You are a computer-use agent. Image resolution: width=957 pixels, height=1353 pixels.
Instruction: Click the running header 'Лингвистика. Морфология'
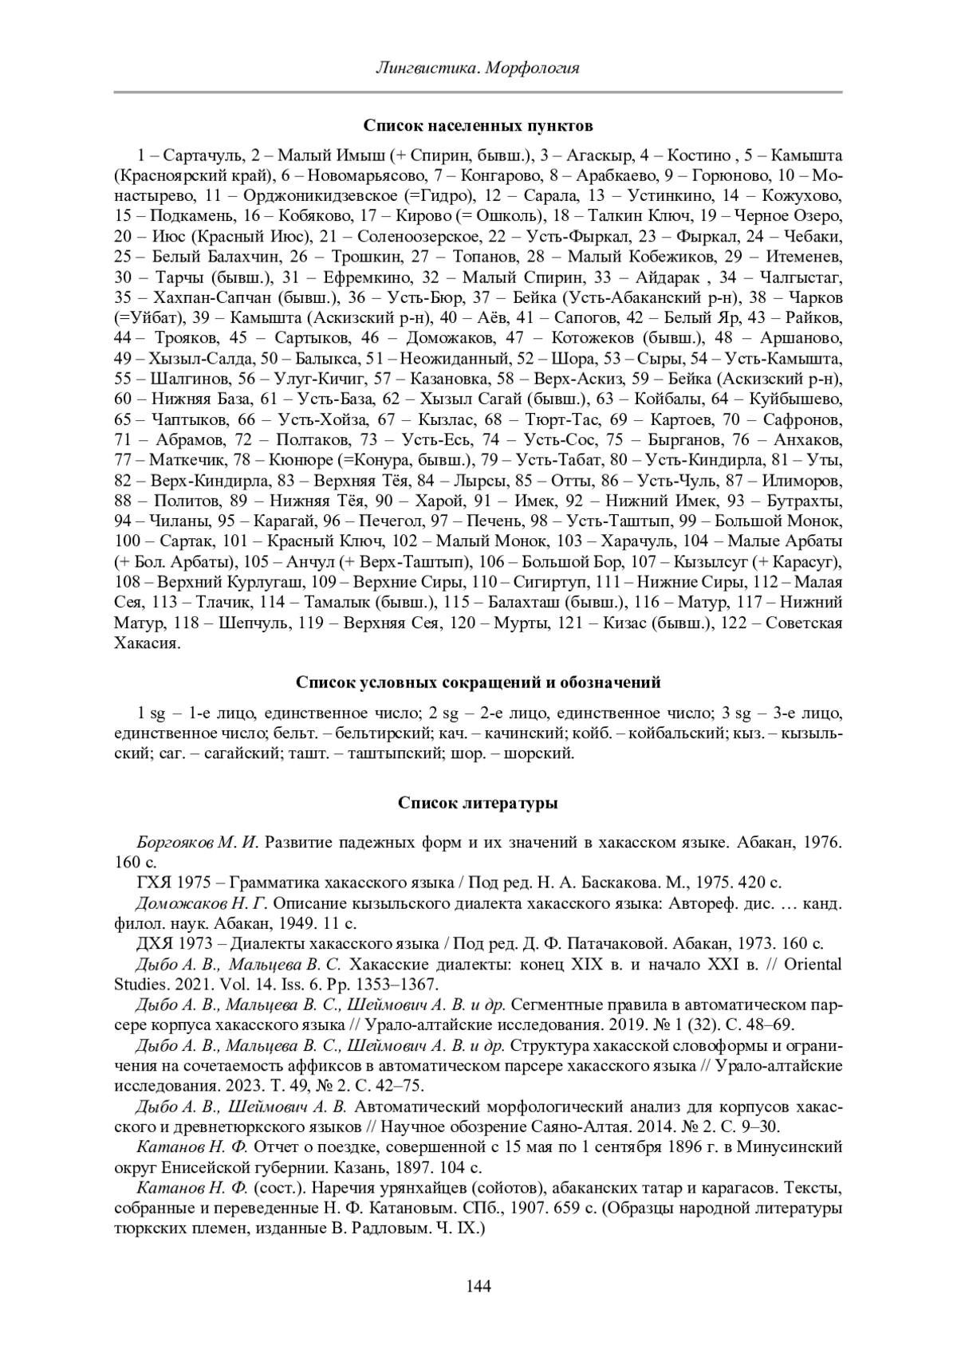pyautogui.click(x=478, y=68)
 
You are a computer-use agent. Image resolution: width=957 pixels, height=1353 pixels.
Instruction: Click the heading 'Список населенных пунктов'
pyautogui.click(x=478, y=126)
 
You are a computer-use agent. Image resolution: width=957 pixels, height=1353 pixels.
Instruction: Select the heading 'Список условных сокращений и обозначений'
pyautogui.click(x=478, y=682)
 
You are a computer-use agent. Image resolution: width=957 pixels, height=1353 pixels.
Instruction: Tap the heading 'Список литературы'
pyautogui.click(x=478, y=803)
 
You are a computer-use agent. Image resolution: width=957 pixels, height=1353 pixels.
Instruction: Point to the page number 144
pyautogui.click(x=478, y=1286)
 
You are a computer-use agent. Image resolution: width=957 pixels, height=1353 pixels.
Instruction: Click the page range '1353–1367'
pyautogui.click(x=400, y=985)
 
